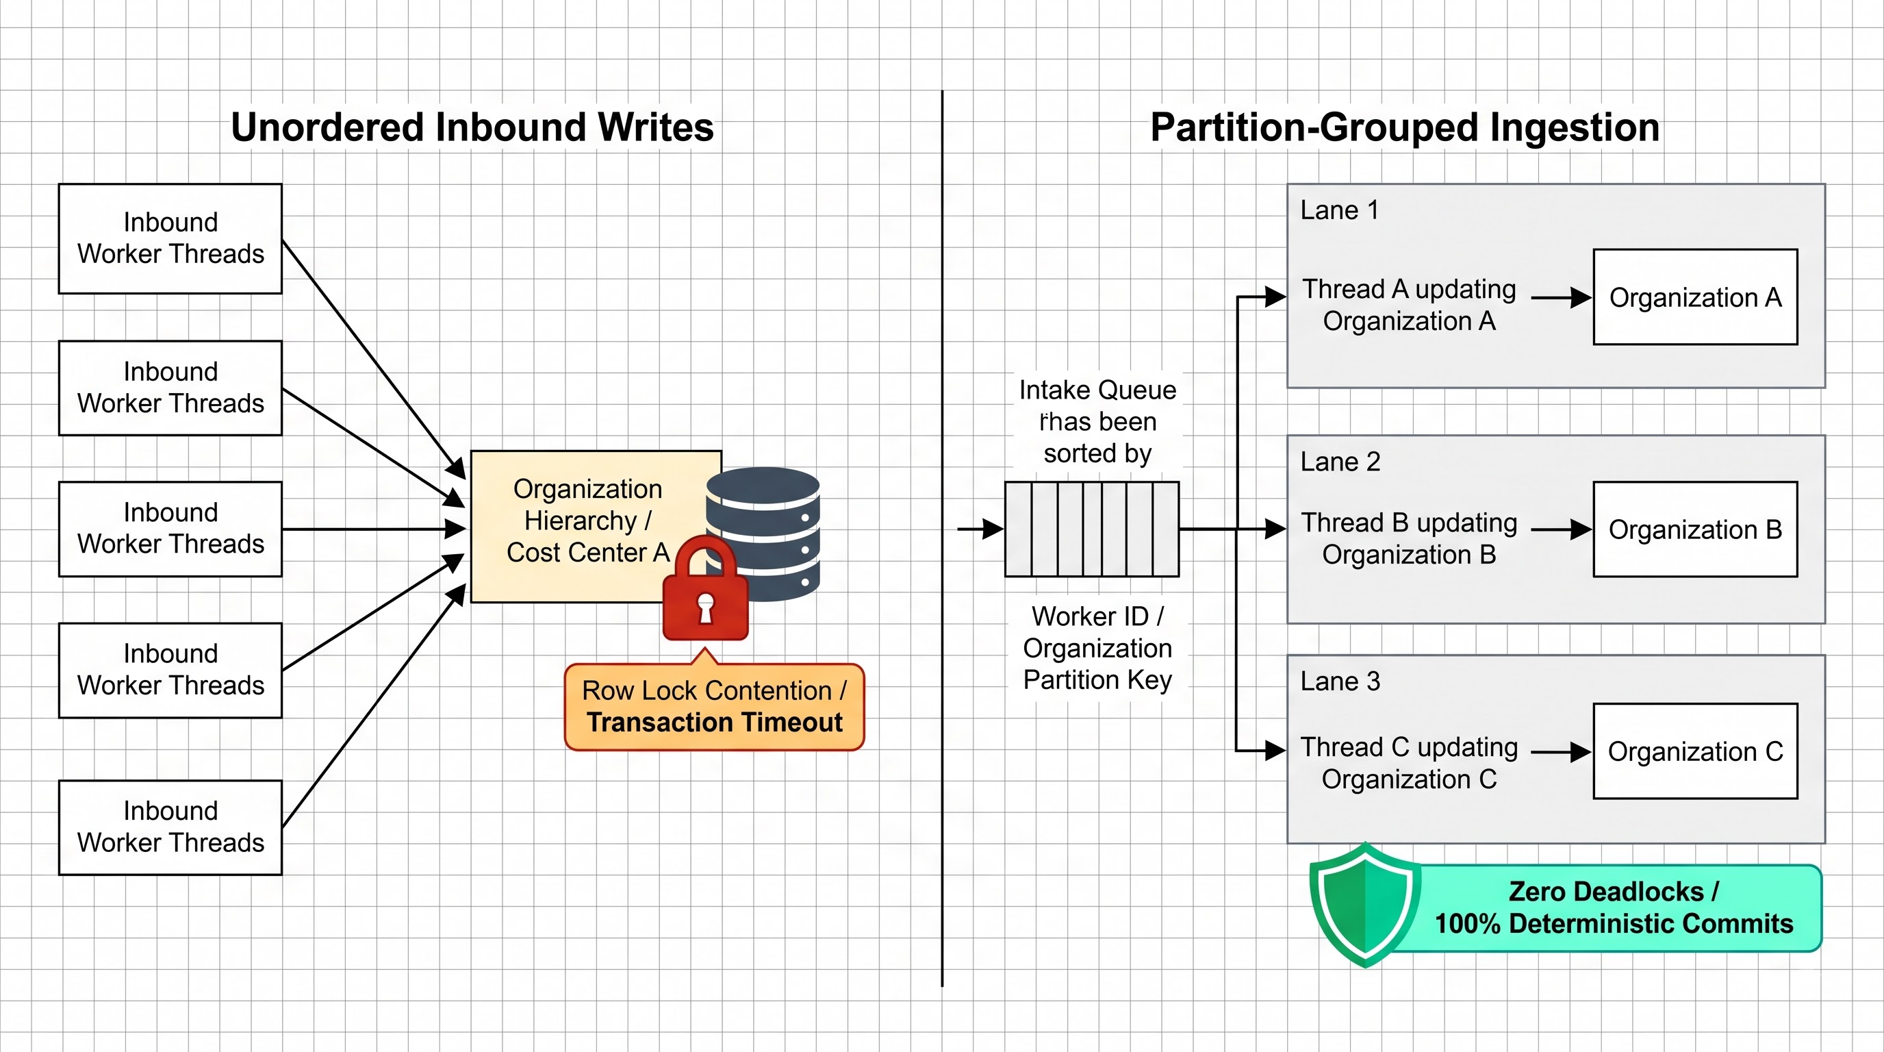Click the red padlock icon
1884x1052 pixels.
point(705,589)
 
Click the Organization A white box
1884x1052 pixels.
point(1695,297)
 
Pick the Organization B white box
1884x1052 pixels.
point(1695,529)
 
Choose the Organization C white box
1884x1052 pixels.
point(1695,751)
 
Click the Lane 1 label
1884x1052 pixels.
point(1339,210)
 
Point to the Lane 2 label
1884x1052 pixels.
point(1340,462)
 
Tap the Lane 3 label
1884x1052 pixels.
point(1340,681)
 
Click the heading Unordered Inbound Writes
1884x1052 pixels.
point(472,127)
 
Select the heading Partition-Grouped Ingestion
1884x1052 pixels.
point(1405,127)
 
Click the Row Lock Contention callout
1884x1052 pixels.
point(715,707)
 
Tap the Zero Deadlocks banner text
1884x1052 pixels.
point(1614,907)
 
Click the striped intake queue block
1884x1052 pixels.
point(1092,529)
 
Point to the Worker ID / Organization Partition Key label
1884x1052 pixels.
point(1097,648)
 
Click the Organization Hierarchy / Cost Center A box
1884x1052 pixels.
point(589,527)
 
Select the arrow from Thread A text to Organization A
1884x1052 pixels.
point(1562,298)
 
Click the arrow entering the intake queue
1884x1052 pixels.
point(981,528)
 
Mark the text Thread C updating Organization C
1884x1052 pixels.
point(1409,763)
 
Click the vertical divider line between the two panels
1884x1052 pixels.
point(942,538)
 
